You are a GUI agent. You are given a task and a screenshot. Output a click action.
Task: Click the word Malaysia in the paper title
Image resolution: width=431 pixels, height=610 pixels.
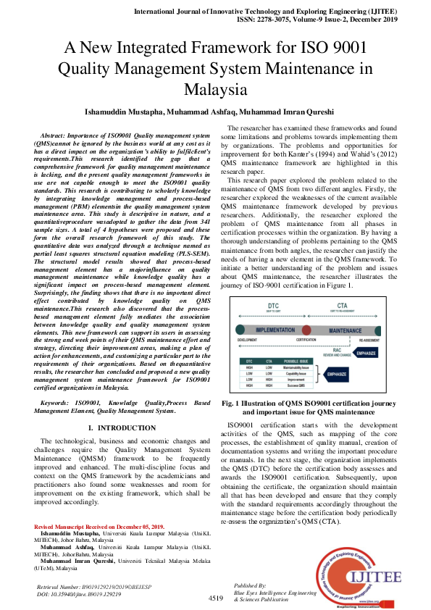(215, 90)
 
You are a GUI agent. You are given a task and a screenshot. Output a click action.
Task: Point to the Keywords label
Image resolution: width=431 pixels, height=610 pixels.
(61, 402)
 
